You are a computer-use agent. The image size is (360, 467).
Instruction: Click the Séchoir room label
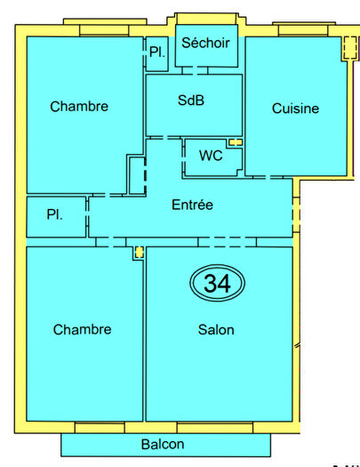click(205, 43)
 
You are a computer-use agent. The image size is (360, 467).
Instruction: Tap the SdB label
click(191, 101)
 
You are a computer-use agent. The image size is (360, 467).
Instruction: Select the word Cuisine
click(295, 109)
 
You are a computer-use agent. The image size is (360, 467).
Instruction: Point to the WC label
click(211, 156)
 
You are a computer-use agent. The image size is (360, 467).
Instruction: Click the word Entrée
click(192, 205)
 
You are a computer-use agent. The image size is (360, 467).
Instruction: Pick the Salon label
click(216, 329)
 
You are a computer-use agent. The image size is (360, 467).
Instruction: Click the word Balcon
click(163, 444)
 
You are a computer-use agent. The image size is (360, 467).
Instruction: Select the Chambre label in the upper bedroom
click(79, 107)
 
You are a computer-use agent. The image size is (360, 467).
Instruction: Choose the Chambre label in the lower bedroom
click(82, 329)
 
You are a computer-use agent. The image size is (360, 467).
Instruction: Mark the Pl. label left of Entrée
click(55, 215)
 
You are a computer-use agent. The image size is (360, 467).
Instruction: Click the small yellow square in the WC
click(236, 142)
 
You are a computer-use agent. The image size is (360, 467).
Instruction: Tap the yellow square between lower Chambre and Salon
click(139, 253)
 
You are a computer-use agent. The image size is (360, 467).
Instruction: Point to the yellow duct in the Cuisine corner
click(348, 49)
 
